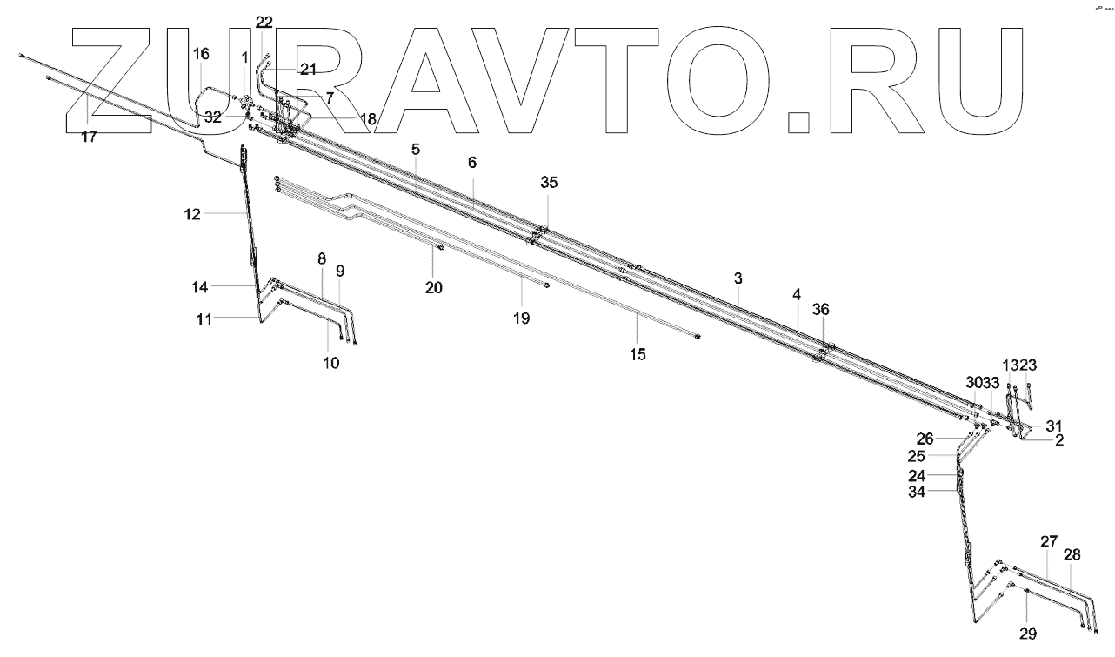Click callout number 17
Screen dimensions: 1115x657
90,137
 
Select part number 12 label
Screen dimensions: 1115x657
192,212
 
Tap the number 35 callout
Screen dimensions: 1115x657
548,183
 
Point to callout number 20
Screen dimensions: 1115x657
433,287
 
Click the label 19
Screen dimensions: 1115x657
521,318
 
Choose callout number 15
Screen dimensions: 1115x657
638,354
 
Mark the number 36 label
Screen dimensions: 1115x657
821,309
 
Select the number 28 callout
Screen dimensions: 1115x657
1072,554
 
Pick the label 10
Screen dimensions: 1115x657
330,363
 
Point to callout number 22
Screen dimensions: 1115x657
264,23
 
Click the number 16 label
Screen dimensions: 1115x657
201,54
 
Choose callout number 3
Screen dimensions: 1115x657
738,278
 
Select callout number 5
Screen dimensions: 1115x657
416,149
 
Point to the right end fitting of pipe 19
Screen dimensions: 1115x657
544,284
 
